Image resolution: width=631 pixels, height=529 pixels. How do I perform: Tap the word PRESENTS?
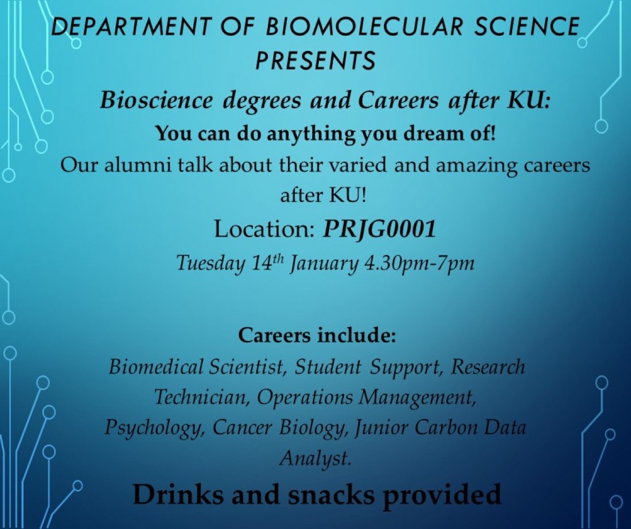point(315,59)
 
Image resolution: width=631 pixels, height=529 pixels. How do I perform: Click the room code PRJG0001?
point(379,230)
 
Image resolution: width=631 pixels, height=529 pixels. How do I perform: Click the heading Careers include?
point(317,334)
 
